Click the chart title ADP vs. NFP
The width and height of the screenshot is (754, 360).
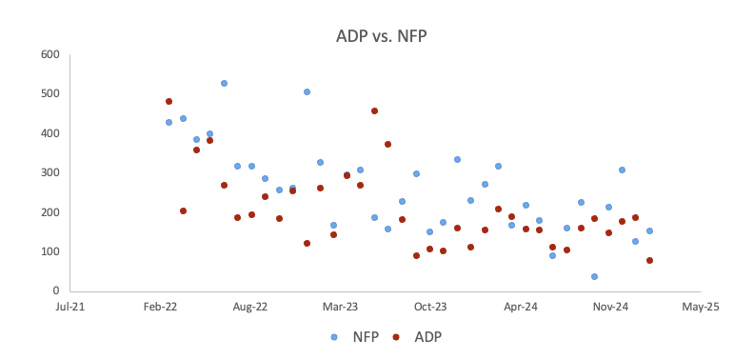(377, 37)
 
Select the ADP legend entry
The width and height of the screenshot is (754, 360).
(418, 336)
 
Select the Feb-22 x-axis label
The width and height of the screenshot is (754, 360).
(160, 308)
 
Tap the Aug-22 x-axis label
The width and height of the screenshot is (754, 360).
(249, 308)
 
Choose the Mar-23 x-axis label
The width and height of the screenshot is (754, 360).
(340, 308)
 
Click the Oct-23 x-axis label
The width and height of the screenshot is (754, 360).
(430, 308)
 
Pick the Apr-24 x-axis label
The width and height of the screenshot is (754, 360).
(521, 308)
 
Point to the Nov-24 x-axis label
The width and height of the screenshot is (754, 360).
(610, 308)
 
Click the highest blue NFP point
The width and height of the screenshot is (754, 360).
(224, 84)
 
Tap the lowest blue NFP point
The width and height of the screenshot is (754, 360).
(594, 276)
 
